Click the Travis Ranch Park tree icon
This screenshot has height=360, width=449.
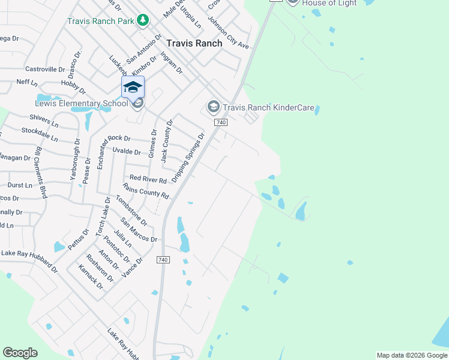[x=143, y=21]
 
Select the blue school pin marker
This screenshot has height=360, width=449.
[x=133, y=88]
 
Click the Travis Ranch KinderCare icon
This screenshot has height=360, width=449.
[x=213, y=107]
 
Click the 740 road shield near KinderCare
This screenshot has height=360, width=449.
[x=221, y=122]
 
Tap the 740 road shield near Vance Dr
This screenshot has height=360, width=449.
[x=162, y=260]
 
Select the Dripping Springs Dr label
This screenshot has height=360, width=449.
[x=188, y=158]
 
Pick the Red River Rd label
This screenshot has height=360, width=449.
[x=148, y=179]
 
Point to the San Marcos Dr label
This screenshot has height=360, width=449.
[x=139, y=230]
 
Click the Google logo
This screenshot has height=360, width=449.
[x=20, y=353]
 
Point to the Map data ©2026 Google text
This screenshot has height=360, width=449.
[x=412, y=355]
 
